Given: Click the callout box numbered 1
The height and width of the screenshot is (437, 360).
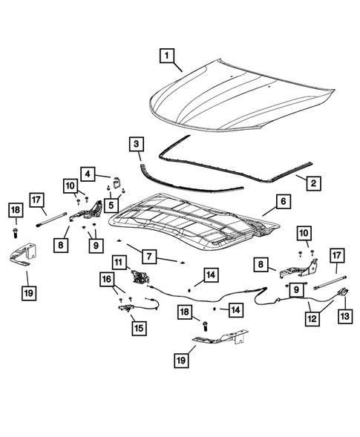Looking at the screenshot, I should coord(168,56).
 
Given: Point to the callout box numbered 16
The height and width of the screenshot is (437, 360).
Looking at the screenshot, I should coord(108,279).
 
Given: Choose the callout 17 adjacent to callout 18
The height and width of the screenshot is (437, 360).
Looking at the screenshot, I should coord(36,198).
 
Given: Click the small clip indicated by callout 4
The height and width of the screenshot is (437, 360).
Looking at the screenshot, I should coord(117,180).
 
